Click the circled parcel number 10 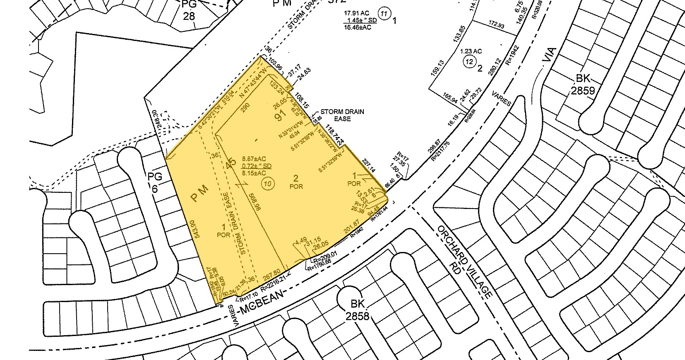pyautogui.click(x=269, y=185)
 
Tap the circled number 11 pyautogui.click(x=385, y=14)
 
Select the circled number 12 pyautogui.click(x=469, y=62)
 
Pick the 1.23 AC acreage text pyautogui.click(x=471, y=51)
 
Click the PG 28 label pyautogui.click(x=188, y=10)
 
